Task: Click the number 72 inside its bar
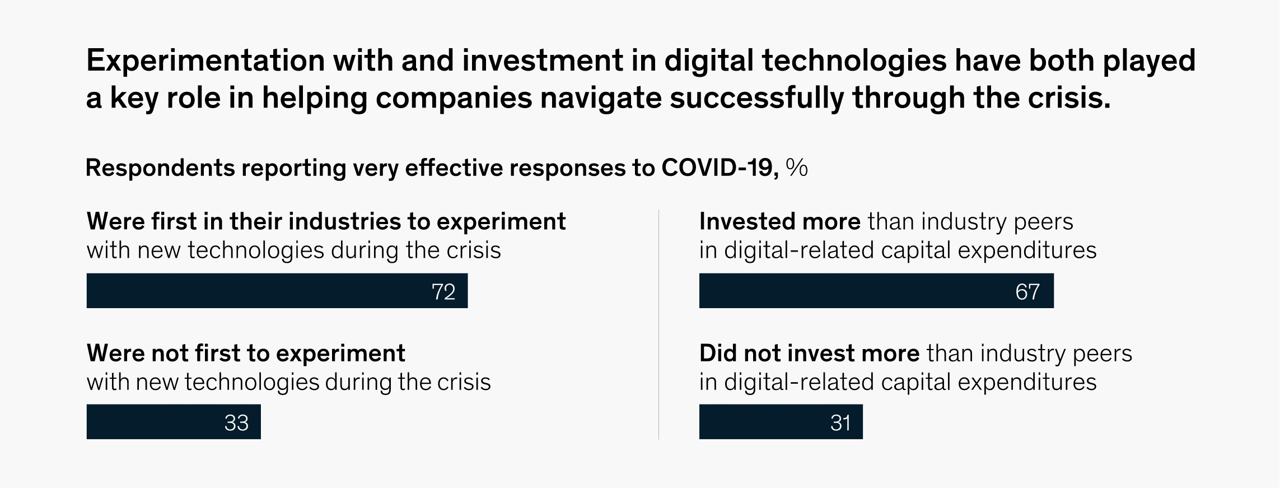click(443, 292)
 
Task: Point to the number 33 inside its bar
click(236, 423)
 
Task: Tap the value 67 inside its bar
click(1027, 292)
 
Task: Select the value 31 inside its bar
click(840, 423)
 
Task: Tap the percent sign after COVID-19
click(796, 168)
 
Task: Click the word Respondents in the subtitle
click(160, 169)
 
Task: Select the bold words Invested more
click(779, 222)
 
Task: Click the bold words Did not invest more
click(809, 354)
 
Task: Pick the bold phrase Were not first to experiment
click(246, 354)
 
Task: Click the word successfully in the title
click(756, 99)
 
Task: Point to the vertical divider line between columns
click(658, 324)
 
